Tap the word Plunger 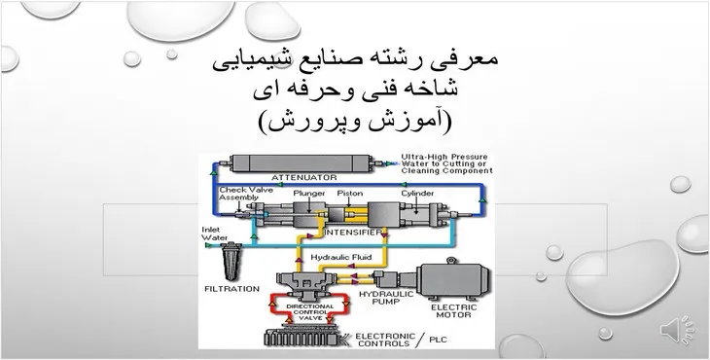308,193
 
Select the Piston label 349,193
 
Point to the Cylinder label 415,193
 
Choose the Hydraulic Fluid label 342,257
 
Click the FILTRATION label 231,289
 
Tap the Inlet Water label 214,235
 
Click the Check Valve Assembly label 239,193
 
